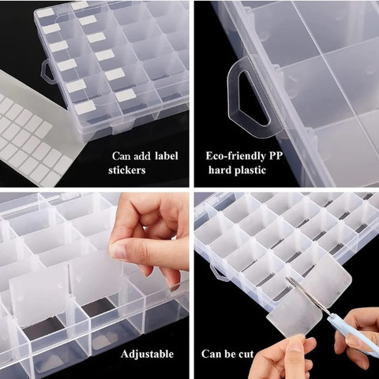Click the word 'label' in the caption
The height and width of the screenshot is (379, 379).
click(x=167, y=156)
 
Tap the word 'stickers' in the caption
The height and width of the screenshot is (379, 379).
click(x=127, y=170)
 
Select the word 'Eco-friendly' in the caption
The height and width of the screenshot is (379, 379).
click(x=235, y=156)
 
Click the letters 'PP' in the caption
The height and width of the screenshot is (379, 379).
click(x=276, y=156)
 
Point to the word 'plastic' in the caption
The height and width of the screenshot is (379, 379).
click(x=250, y=170)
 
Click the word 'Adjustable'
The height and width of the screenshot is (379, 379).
click(x=147, y=354)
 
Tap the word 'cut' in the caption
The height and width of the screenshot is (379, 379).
click(x=246, y=354)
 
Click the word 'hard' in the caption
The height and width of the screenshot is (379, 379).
click(x=220, y=169)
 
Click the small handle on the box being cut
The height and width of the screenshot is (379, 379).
click(x=217, y=273)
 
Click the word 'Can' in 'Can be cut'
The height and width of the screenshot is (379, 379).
click(x=211, y=354)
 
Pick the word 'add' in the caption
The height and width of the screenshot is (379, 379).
click(x=142, y=156)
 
